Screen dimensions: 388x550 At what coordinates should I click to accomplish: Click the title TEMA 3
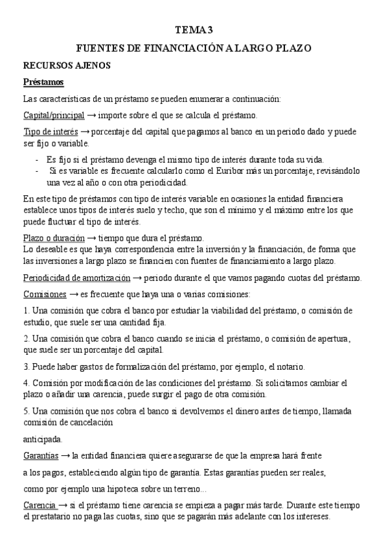pos(194,29)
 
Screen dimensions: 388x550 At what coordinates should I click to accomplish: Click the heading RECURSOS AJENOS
pos(67,66)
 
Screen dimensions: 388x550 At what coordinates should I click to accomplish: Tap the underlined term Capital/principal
pos(53,115)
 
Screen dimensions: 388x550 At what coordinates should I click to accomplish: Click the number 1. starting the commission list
pos(26,311)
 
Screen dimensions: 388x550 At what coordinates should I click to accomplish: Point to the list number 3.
pos(26,366)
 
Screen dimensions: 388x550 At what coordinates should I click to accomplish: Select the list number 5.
pos(26,411)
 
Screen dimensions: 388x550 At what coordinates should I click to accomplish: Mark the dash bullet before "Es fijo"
pos(37,160)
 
